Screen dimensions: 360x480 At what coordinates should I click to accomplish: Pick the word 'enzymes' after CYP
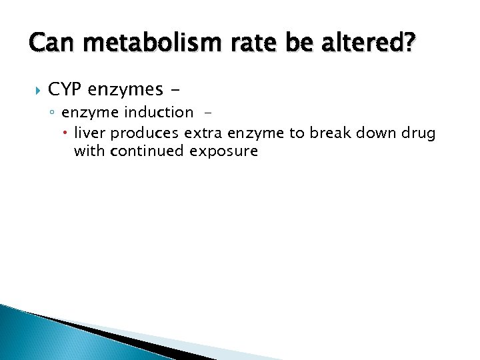(125, 89)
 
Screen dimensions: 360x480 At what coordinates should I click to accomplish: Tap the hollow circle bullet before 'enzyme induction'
(55, 113)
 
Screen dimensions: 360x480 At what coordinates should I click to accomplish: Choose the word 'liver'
(88, 133)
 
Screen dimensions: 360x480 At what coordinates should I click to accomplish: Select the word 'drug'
(418, 133)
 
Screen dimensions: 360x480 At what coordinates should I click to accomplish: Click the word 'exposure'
(223, 151)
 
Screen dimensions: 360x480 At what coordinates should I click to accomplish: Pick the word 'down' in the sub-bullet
(377, 133)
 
